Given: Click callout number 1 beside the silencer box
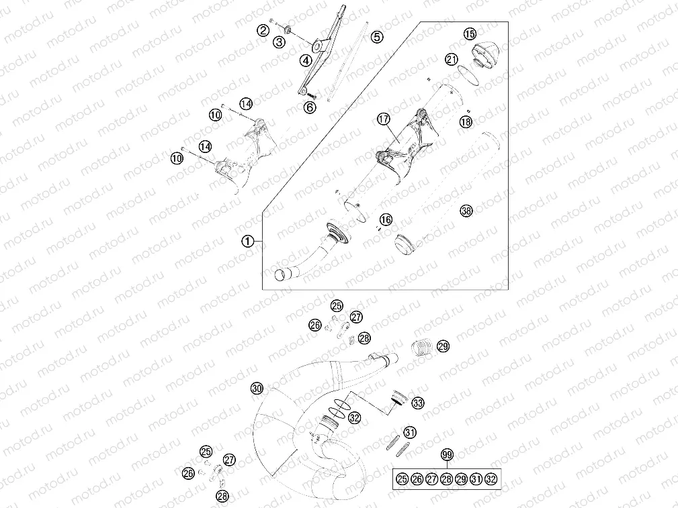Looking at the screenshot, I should coord(249,241).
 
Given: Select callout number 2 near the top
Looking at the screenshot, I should coord(263,30).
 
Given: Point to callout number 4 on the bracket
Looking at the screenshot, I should coord(306,60).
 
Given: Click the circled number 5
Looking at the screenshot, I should coord(377,37).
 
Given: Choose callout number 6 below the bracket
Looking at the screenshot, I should coord(310,107).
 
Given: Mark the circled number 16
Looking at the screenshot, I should coord(385,219).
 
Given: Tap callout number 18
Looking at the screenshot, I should coord(466,121).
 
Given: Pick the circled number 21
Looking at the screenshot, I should coord(452,59).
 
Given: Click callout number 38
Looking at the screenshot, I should coord(466,211).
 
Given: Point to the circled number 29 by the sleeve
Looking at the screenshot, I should coord(443,346).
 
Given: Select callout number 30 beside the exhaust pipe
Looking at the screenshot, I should coord(256,388).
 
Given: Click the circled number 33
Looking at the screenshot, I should coord(418,403).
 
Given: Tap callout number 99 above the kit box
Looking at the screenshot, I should coord(447,456).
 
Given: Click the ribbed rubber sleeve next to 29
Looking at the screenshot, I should coord(421,349).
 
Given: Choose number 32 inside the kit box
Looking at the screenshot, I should coord(491,478).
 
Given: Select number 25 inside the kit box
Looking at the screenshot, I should coord(402,478).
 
